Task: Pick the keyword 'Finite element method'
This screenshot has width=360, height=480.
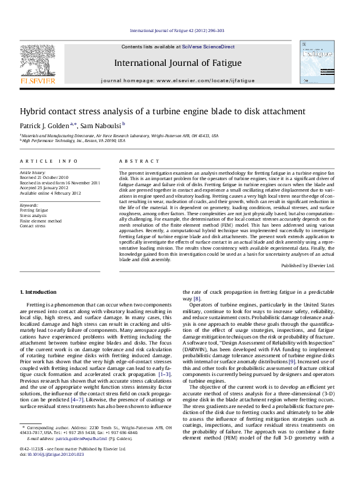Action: pyautogui.click(x=41, y=221)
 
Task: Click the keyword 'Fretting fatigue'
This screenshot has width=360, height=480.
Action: pyautogui.click(x=34, y=211)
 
